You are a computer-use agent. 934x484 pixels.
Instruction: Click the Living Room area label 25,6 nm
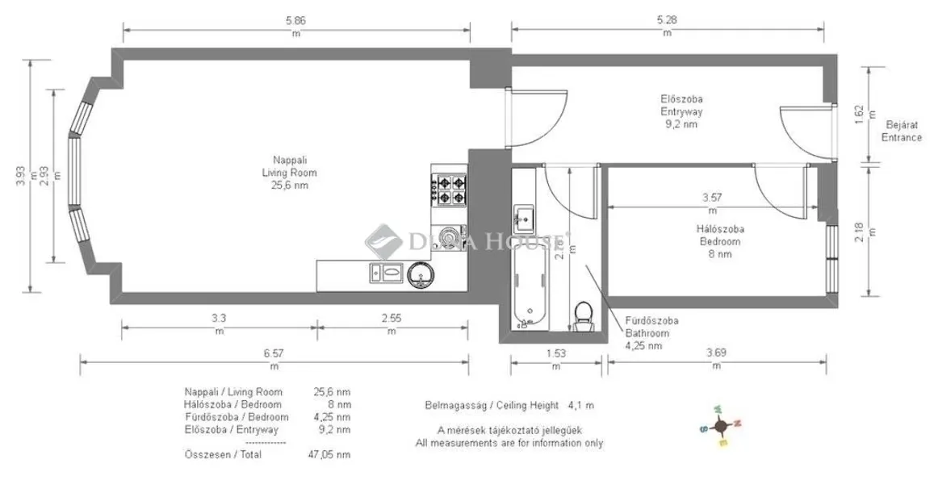(x=289, y=186)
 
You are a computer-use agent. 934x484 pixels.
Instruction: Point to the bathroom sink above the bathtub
(x=523, y=216)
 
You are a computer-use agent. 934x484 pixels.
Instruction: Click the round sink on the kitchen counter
(x=421, y=275)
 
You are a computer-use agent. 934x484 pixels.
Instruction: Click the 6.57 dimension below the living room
(x=274, y=353)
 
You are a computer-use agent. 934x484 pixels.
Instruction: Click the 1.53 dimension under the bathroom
(x=555, y=353)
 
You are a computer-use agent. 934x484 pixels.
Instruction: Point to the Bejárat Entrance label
(x=901, y=131)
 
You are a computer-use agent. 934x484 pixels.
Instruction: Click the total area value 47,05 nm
(x=332, y=455)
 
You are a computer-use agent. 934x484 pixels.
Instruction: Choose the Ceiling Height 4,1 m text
(x=509, y=406)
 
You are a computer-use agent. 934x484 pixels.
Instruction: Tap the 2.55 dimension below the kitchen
(x=391, y=318)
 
